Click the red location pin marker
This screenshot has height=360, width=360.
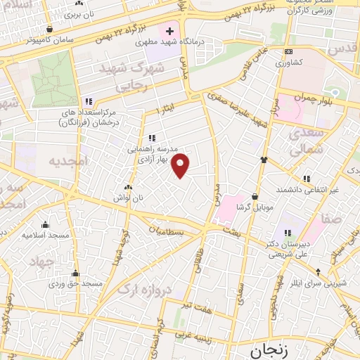pos(181,165)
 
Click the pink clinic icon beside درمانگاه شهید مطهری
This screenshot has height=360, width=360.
pos(169,31)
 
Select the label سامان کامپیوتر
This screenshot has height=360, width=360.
pos(49,39)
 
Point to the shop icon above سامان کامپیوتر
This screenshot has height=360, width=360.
pos(49,29)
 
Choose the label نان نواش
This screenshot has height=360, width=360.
pos(128,198)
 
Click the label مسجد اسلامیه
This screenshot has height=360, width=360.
pos(45,235)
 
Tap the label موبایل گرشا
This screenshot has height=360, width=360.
pos(253,207)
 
